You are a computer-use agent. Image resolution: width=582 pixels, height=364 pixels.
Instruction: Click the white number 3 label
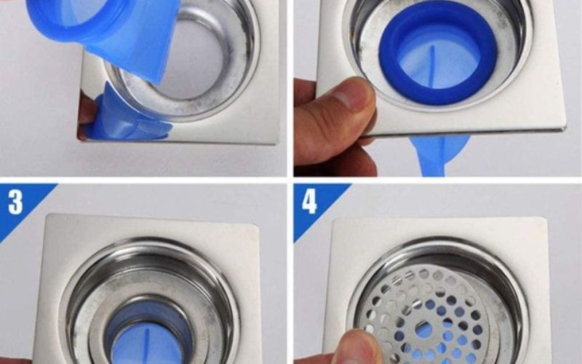coord(15,202)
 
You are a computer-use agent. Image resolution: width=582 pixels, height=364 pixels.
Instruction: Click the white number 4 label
coord(309,202)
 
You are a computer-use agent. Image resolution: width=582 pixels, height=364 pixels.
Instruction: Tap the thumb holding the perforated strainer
coord(358,347)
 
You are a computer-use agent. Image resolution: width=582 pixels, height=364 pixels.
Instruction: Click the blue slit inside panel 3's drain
coord(145,345)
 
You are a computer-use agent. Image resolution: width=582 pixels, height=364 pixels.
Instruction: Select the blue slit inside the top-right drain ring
coord(431,67)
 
